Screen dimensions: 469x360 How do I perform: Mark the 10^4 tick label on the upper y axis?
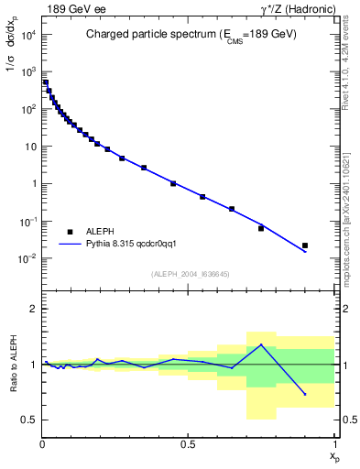click(27, 34)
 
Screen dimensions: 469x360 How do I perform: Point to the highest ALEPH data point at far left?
click(46, 82)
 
